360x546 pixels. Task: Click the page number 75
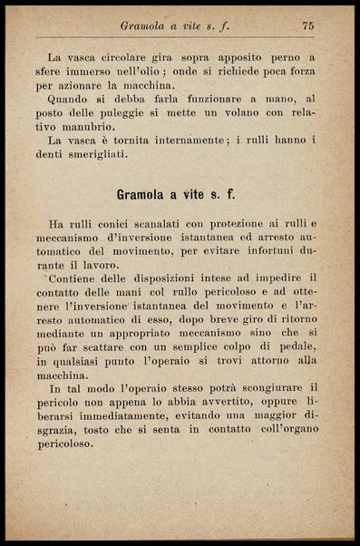(x=307, y=27)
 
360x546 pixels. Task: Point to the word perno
(x=284, y=56)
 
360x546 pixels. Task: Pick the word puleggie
(x=180, y=110)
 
